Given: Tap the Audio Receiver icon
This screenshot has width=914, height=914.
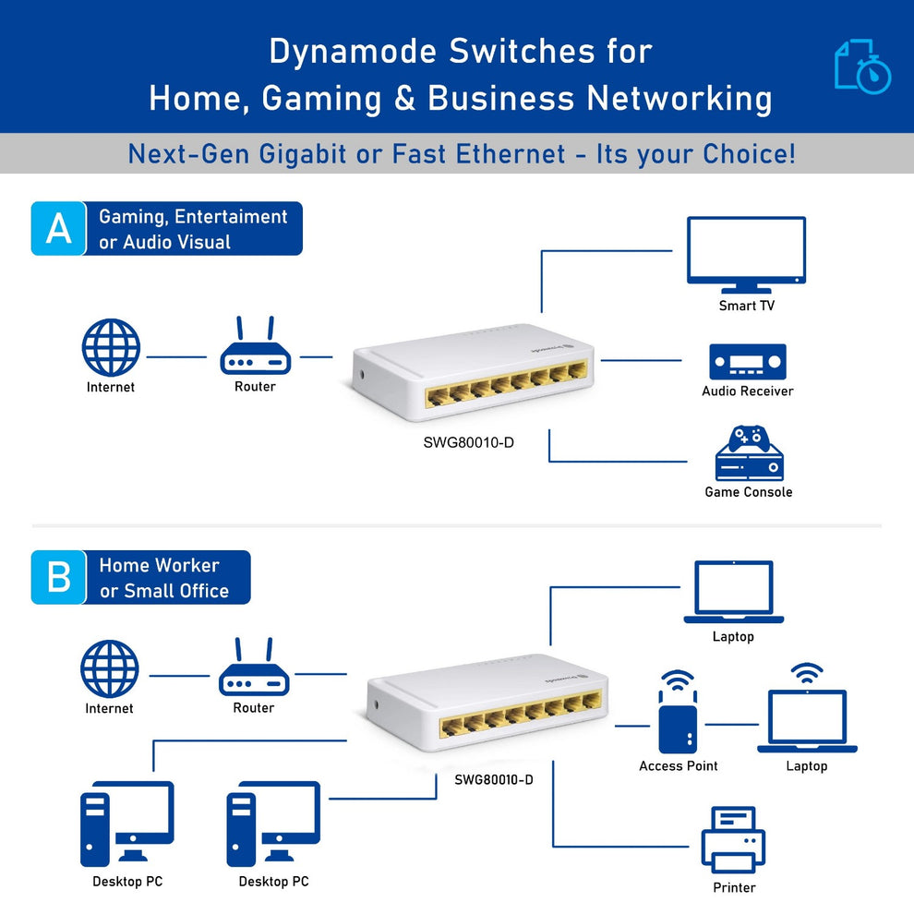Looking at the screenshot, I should point(747,362).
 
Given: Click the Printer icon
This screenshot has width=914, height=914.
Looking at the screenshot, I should point(733,839).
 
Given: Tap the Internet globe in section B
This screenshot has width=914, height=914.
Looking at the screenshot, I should point(110,669).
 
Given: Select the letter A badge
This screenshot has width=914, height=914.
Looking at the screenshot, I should point(58,228).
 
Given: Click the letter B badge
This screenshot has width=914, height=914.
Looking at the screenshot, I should point(58,577).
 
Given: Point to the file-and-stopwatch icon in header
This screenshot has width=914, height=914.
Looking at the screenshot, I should point(862,66).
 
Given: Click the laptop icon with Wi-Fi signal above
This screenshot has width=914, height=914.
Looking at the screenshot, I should point(807,718).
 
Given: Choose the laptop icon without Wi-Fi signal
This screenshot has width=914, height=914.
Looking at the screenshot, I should point(733,592).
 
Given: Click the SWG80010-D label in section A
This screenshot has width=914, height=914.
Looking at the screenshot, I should point(468,442).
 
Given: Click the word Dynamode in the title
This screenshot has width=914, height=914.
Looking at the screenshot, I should point(354,52).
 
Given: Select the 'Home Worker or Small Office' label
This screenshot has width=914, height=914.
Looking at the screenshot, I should point(164,578).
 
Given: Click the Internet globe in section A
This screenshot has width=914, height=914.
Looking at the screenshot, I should point(111,348).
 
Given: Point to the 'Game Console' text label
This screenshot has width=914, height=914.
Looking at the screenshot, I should point(748,492).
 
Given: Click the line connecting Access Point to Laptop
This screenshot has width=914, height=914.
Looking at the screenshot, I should point(732,725).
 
